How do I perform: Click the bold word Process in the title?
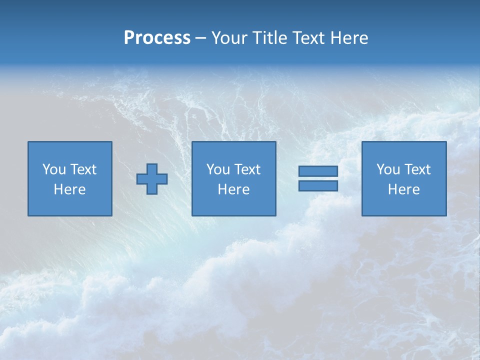pyautogui.click(x=157, y=38)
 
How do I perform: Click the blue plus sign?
pyautogui.click(x=152, y=179)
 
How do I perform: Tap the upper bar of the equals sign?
pyautogui.click(x=318, y=171)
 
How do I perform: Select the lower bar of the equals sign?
pyautogui.click(x=318, y=186)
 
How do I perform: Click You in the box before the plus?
pyautogui.click(x=53, y=169)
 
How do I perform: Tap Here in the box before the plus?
pyautogui.click(x=69, y=189)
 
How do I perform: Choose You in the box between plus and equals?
pyautogui.click(x=217, y=169)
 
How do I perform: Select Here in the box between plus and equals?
pyautogui.click(x=233, y=189)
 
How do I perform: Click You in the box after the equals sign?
pyautogui.click(x=387, y=169)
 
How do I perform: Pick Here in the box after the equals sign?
pyautogui.click(x=403, y=189)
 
